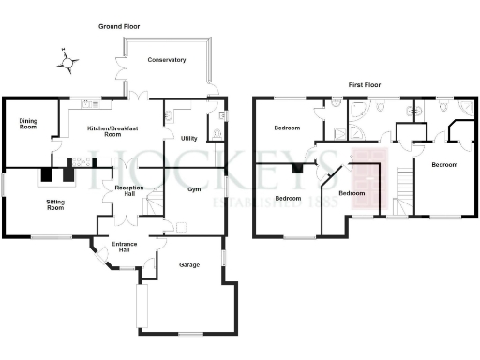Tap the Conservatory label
167,60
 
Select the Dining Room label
29,123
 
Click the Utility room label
188,138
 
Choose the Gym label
194,189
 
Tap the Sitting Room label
55,203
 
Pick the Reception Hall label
127,191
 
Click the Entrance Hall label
124,247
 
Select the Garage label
188,265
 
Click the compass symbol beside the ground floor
66,61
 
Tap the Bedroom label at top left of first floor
286,127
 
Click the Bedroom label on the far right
443,165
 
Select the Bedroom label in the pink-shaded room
352,193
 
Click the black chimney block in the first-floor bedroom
297,169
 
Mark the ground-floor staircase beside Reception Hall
157,197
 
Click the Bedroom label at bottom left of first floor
288,199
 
